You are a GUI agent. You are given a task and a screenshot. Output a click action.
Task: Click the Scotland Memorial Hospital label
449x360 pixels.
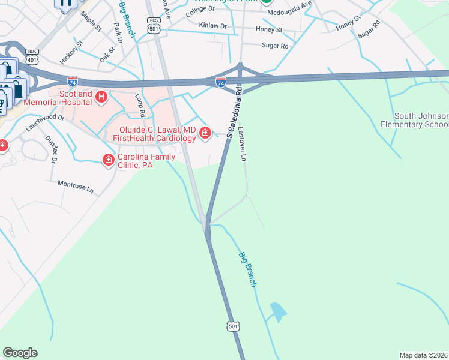point(58,98)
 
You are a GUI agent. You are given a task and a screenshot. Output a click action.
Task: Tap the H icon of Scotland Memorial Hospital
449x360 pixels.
point(101,96)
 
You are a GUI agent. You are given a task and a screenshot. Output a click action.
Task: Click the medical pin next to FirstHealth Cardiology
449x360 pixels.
point(205,133)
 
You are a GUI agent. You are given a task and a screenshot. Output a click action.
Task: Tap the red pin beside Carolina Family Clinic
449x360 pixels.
point(109,160)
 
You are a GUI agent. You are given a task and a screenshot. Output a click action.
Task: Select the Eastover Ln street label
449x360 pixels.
point(243,143)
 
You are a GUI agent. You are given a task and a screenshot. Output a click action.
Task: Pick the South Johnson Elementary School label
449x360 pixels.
point(421,120)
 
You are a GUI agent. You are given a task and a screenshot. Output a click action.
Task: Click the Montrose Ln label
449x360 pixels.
point(76,187)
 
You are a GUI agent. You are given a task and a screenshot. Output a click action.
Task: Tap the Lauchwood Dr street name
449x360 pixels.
point(45,122)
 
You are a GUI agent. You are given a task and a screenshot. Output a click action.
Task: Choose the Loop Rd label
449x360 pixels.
point(140,105)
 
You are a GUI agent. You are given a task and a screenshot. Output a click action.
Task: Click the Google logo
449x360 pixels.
point(20,353)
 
